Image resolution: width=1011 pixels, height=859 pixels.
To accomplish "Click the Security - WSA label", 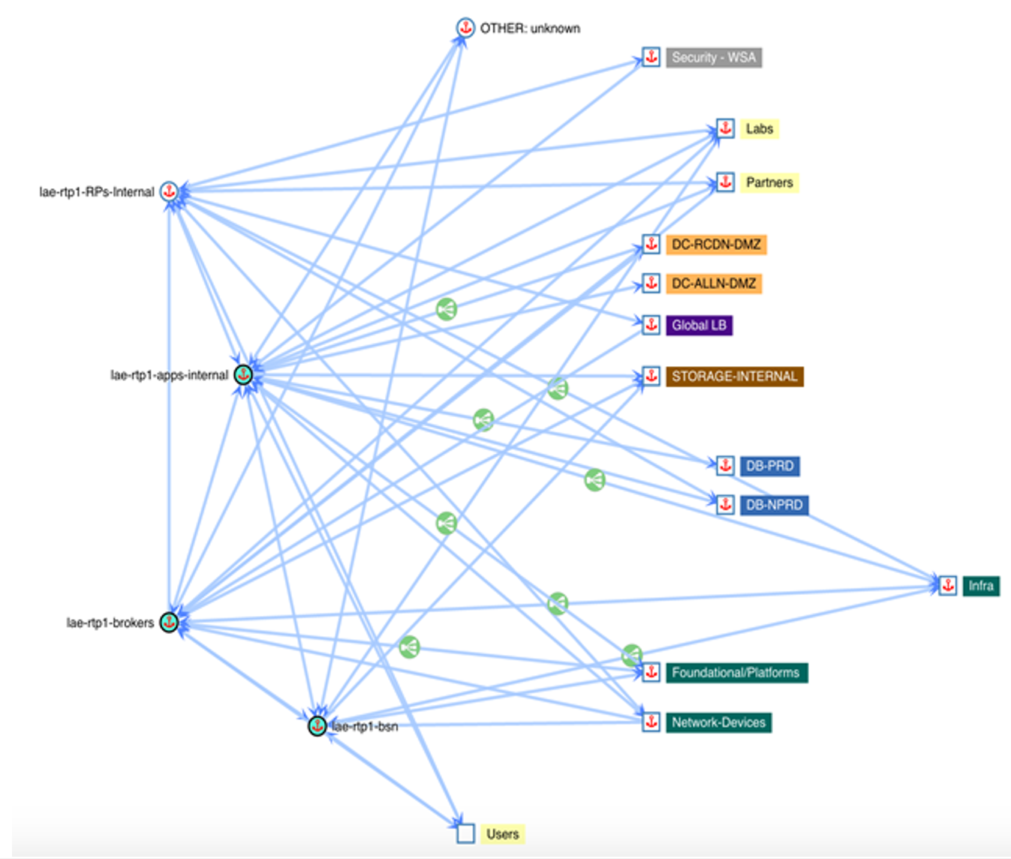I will click(713, 58).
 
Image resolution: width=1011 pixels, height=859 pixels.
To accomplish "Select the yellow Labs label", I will click(759, 129).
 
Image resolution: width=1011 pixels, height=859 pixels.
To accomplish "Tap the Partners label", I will click(769, 182).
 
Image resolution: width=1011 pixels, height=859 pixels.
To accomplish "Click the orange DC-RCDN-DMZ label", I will click(715, 245).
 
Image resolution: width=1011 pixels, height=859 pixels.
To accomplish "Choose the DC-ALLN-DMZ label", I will click(713, 284).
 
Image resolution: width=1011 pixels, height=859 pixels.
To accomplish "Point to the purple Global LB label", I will click(699, 326).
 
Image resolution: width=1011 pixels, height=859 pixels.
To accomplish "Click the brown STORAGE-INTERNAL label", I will click(733, 377).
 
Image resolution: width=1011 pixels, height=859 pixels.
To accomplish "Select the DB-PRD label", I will click(769, 466).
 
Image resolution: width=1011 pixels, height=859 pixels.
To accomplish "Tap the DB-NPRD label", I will click(774, 505).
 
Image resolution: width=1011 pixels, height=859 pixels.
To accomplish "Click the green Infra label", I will click(980, 586).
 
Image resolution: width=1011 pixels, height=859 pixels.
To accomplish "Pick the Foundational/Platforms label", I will click(736, 673).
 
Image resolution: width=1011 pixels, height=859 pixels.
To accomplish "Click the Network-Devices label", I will click(718, 722).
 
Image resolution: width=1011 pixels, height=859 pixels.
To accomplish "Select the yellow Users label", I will click(502, 834).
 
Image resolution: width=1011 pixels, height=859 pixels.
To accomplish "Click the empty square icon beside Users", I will click(465, 833).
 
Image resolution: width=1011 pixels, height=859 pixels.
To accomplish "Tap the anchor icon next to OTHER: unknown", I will click(465, 29).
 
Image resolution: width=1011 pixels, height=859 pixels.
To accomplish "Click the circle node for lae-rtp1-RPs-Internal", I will click(170, 191).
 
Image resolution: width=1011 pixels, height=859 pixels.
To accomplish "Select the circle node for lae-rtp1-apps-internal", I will click(243, 374).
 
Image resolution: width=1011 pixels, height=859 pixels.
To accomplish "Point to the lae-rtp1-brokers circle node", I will click(170, 622).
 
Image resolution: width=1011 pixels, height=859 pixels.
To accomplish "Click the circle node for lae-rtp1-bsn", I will click(317, 725).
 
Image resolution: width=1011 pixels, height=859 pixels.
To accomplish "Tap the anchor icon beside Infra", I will click(948, 585).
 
